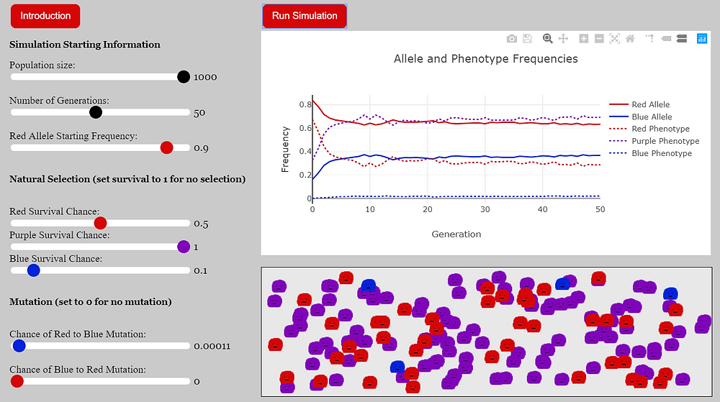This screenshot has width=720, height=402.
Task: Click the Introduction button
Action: coord(45,16)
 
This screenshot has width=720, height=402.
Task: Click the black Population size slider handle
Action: coord(184,77)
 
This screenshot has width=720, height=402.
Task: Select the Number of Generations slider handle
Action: coord(96,112)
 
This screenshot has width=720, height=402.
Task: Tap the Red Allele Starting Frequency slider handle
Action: coord(166,147)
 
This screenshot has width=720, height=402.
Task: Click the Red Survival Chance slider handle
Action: coord(100,223)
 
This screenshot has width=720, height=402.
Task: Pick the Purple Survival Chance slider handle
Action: coord(184,247)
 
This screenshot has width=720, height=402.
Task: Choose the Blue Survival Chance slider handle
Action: coord(32,270)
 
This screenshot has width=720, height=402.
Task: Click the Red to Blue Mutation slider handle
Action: coord(19,346)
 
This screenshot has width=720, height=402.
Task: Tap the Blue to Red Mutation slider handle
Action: coord(17,381)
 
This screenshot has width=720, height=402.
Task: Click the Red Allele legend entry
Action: coord(651,104)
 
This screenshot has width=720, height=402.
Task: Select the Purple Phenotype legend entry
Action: coord(665,141)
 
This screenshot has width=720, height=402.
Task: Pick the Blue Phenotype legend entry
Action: coord(661,153)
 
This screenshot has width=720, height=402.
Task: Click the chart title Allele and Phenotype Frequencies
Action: coord(485,59)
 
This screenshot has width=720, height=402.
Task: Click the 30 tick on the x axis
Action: coord(485,209)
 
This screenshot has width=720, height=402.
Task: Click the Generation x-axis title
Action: coord(456,234)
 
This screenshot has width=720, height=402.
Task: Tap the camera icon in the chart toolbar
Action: coord(511,39)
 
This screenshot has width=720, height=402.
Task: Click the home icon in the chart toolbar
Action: coord(630,39)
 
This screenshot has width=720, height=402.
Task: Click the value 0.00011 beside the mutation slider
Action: coord(212,346)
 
